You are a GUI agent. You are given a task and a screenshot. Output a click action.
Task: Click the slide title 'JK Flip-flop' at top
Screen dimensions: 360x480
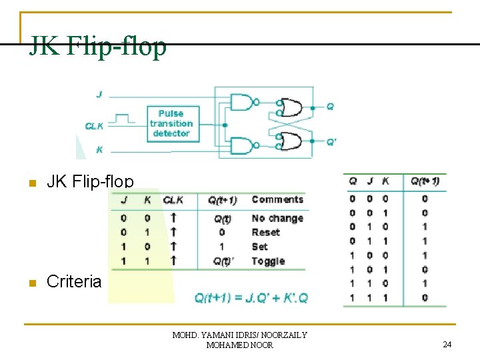pyautogui.click(x=97, y=47)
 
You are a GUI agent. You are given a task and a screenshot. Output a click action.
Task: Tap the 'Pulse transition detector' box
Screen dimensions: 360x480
pyautogui.click(x=171, y=123)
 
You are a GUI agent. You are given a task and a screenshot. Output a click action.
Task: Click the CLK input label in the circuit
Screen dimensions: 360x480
pyautogui.click(x=94, y=125)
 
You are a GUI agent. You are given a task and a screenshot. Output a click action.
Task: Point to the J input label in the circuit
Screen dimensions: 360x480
pyautogui.click(x=99, y=95)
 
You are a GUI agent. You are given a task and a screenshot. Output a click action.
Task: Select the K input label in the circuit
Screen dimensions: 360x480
pyautogui.click(x=99, y=150)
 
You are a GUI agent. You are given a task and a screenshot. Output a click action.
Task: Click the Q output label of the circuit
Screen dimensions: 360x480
pyautogui.click(x=330, y=106)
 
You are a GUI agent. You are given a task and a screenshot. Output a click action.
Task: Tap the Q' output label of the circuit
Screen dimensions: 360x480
pyautogui.click(x=331, y=141)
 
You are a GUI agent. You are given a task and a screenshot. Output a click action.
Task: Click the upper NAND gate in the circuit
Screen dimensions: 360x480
pyautogui.click(x=243, y=102)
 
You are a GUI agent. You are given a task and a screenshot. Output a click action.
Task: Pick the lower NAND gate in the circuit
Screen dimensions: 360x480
pyautogui.click(x=243, y=145)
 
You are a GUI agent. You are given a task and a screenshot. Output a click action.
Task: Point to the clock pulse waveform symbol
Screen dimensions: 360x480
pyautogui.click(x=120, y=119)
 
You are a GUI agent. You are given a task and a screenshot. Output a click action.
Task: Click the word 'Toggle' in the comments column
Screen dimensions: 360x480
pyautogui.click(x=268, y=261)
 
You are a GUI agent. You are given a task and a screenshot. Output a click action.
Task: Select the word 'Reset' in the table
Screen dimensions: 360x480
pyautogui.click(x=265, y=232)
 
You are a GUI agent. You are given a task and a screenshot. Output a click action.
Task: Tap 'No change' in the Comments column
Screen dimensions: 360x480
pyautogui.click(x=277, y=218)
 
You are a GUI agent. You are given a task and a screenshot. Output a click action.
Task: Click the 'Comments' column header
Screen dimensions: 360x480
pyautogui.click(x=277, y=199)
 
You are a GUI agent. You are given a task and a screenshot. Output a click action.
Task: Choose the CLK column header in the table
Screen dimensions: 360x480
pyautogui.click(x=173, y=199)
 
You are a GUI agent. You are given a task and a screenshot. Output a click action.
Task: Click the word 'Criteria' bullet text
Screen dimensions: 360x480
pyautogui.click(x=74, y=282)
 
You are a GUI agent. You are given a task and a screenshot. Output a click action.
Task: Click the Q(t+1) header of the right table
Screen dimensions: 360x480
pyautogui.click(x=425, y=181)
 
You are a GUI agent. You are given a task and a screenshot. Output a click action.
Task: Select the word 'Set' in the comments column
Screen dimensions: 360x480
pyautogui.click(x=259, y=247)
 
